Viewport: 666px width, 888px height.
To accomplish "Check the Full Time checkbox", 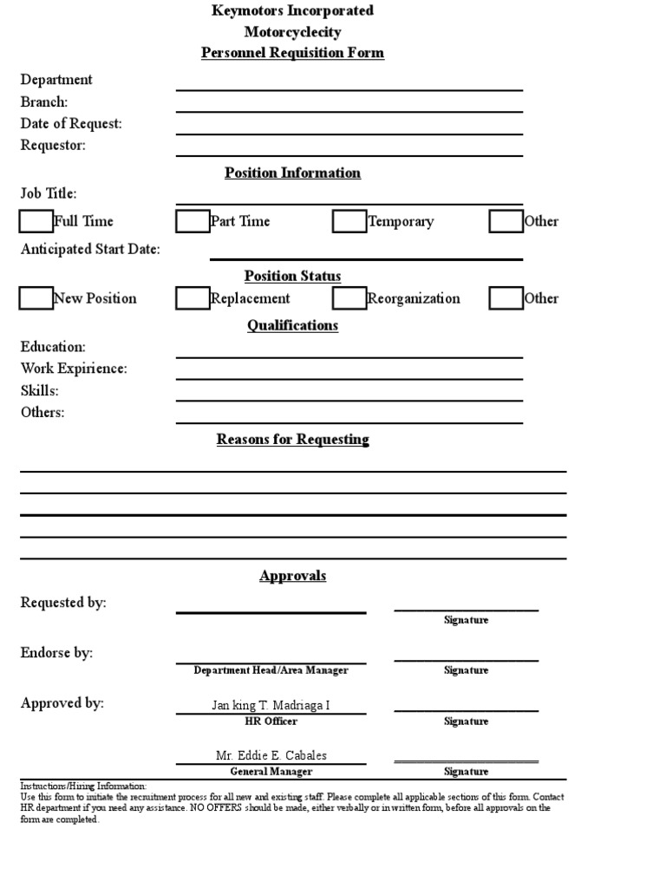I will pyautogui.click(x=36, y=222).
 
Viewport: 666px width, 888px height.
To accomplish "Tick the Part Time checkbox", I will pyautogui.click(x=193, y=222).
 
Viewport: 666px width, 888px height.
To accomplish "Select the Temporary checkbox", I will pyautogui.click(x=349, y=222).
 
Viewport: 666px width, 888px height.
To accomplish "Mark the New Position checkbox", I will pyautogui.click(x=36, y=298).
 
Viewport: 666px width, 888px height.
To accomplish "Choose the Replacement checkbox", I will pyautogui.click(x=193, y=298).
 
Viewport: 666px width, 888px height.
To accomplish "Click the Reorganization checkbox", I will pyautogui.click(x=349, y=298).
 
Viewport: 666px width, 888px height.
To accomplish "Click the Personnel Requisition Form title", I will pyautogui.click(x=292, y=53).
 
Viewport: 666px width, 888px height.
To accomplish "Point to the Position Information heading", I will pyautogui.click(x=292, y=173).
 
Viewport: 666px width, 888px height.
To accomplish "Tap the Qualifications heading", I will pyautogui.click(x=292, y=325).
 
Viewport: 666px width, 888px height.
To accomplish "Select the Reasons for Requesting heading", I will pyautogui.click(x=292, y=439).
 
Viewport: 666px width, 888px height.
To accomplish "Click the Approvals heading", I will pyautogui.click(x=292, y=576).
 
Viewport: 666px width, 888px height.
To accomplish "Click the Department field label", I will pyautogui.click(x=56, y=80).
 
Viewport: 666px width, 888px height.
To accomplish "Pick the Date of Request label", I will pyautogui.click(x=71, y=124).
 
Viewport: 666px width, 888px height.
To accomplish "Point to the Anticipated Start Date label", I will pyautogui.click(x=90, y=250).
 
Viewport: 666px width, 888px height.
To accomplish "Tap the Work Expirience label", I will pyautogui.click(x=74, y=369).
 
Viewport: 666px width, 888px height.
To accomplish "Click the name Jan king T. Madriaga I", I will pyautogui.click(x=271, y=705).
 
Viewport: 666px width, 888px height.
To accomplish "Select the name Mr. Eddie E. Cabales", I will pyautogui.click(x=271, y=755).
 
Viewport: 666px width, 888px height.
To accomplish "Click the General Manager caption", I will pyautogui.click(x=271, y=772).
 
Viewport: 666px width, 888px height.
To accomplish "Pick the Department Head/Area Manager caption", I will pyautogui.click(x=271, y=670).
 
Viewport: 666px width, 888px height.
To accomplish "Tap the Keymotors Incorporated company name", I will pyautogui.click(x=292, y=10).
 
